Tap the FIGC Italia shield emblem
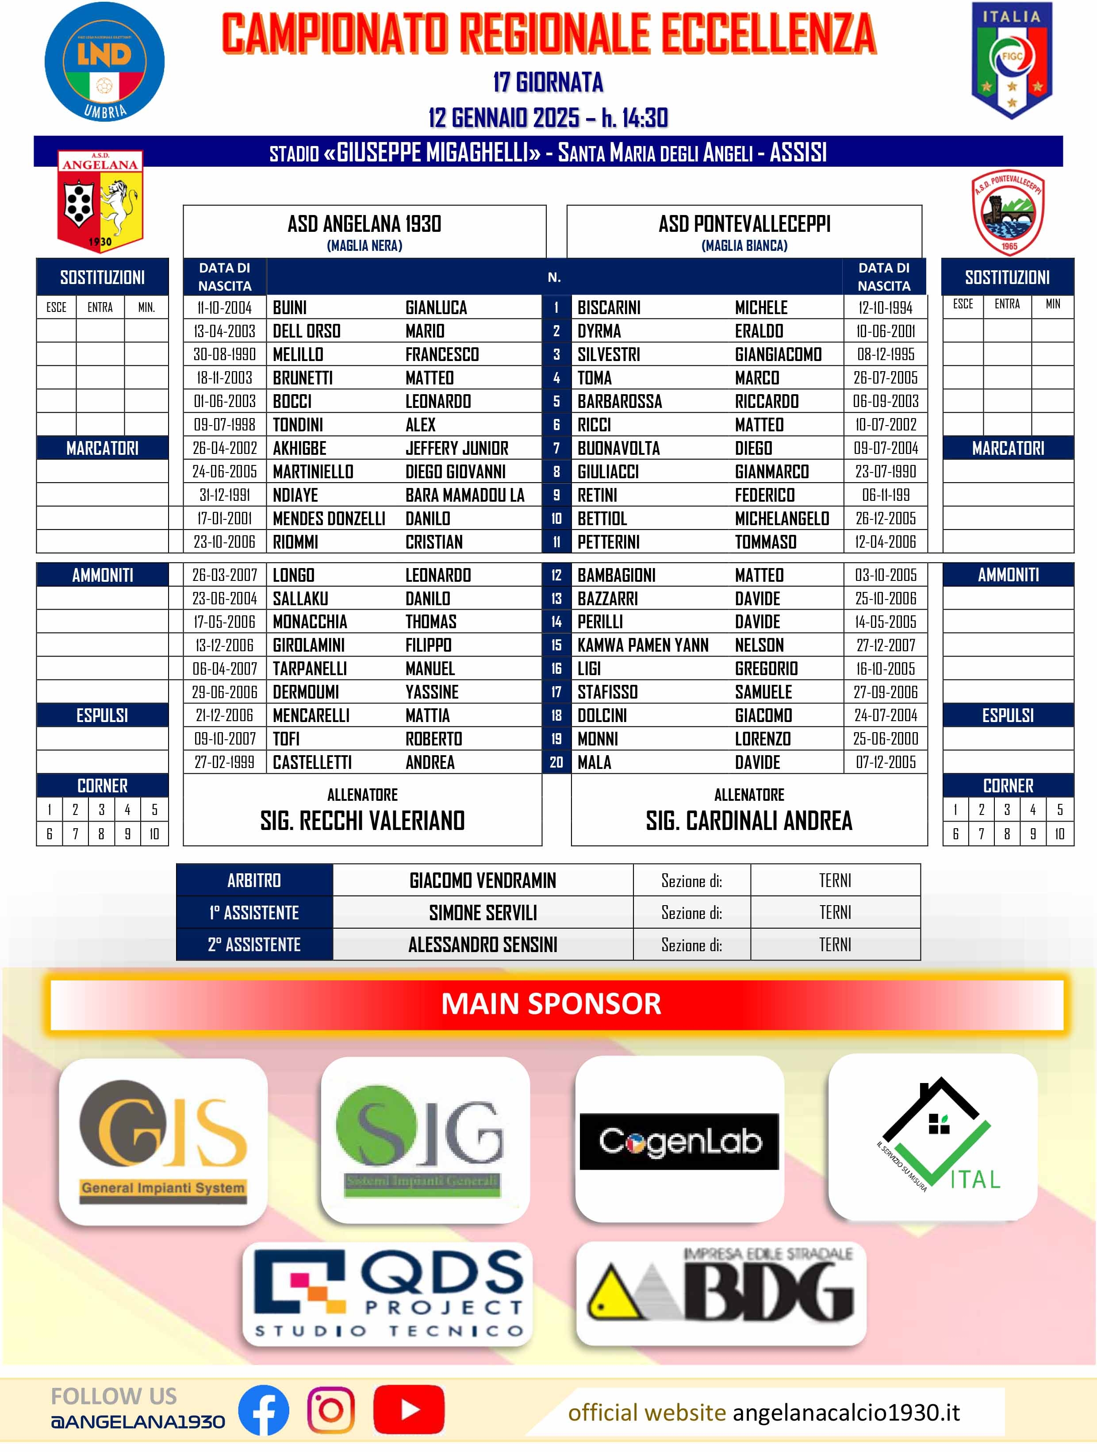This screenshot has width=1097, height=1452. [x=1011, y=61]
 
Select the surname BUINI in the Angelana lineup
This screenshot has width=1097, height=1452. [x=290, y=308]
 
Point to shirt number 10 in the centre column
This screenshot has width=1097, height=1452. [x=556, y=519]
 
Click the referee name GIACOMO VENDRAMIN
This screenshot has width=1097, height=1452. [x=483, y=880]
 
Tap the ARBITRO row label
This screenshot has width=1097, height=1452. [x=254, y=880]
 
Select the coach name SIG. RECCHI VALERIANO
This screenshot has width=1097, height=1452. [x=362, y=821]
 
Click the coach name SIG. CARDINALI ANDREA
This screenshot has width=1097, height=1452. [x=749, y=821]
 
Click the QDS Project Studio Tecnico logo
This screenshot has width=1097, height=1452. [x=388, y=1294]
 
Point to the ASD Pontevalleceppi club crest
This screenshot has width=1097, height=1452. [x=1008, y=213]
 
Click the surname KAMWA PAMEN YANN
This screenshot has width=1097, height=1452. [x=643, y=645]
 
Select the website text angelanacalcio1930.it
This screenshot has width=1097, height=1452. [x=846, y=1412]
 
